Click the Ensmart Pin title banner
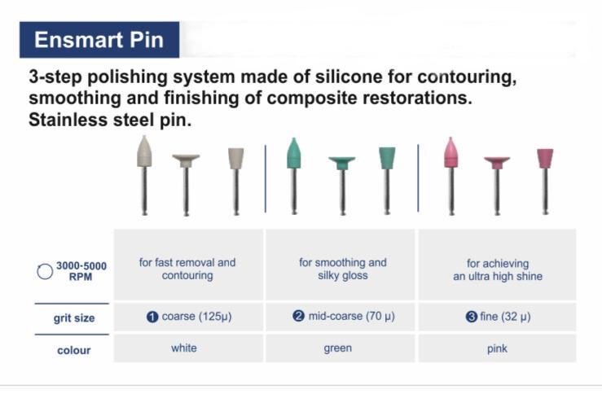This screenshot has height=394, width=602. (x=99, y=40)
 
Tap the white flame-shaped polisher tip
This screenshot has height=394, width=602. (x=144, y=151)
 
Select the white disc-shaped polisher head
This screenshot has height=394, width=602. (x=186, y=160)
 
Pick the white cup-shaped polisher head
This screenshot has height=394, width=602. (x=235, y=159)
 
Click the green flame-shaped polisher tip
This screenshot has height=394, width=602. (x=294, y=153)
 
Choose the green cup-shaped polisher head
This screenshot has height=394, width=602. (x=387, y=158)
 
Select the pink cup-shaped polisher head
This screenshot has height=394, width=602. (x=545, y=159)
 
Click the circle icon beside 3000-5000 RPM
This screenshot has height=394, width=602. (x=45, y=272)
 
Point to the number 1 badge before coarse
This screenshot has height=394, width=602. (x=152, y=317)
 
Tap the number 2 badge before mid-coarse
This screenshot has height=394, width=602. (x=298, y=316)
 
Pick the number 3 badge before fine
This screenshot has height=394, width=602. (x=472, y=317)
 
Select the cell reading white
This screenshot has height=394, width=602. (x=188, y=348)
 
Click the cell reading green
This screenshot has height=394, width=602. (x=341, y=348)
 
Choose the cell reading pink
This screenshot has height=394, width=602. (x=498, y=348)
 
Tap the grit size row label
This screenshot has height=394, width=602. (x=74, y=318)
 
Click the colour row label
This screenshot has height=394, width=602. (x=73, y=350)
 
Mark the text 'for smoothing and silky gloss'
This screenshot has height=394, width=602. (x=343, y=269)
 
